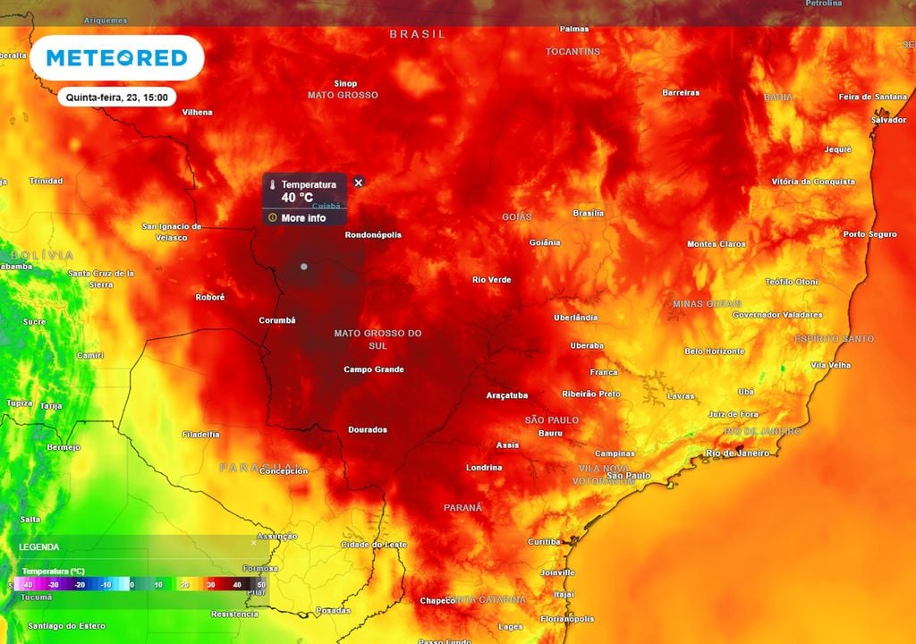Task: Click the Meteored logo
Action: tap(116, 58)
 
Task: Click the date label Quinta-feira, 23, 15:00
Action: tap(116, 97)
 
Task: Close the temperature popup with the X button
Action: tap(359, 182)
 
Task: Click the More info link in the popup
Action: tap(303, 218)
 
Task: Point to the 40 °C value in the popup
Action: tap(297, 198)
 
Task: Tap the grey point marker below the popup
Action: tap(304, 267)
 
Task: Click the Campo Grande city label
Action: tap(374, 369)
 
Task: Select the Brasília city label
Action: tap(588, 213)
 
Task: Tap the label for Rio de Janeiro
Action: tap(737, 453)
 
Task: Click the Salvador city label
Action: tap(888, 120)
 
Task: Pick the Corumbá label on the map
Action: tap(277, 320)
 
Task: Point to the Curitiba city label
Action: tap(544, 541)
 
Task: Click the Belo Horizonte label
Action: tap(714, 352)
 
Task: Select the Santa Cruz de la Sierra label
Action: tap(101, 278)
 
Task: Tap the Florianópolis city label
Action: tap(568, 618)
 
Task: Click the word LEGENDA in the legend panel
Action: tap(39, 547)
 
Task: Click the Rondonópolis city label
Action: tap(373, 235)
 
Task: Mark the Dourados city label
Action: tap(368, 429)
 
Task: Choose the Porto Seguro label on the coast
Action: tap(869, 234)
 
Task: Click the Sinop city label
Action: tap(345, 83)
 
